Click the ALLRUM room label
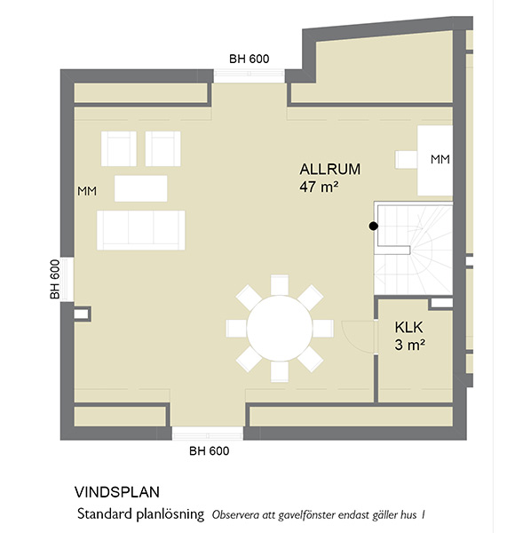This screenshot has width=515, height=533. (x=329, y=170)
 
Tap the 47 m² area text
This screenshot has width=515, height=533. (x=319, y=187)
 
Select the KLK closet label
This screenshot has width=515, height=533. (x=408, y=327)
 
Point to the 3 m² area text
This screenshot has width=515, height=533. (x=409, y=345)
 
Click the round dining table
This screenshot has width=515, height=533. (x=279, y=328)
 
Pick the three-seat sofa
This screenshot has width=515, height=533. (x=141, y=230)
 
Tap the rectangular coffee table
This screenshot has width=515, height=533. (x=140, y=188)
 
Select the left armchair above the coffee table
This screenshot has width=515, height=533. (x=119, y=148)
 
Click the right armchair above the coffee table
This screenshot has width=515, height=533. (x=163, y=148)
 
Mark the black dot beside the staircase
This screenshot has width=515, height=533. (x=373, y=226)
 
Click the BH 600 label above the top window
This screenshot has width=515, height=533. (x=249, y=59)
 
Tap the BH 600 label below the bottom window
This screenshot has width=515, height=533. (x=210, y=450)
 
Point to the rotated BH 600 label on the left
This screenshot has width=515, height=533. (x=55, y=280)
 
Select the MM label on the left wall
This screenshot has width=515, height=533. (x=87, y=191)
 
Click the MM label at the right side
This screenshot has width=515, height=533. (x=440, y=159)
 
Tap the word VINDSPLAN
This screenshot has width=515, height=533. (x=117, y=492)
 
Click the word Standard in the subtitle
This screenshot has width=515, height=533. (x=105, y=513)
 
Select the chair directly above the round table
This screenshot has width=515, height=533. (x=280, y=285)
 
